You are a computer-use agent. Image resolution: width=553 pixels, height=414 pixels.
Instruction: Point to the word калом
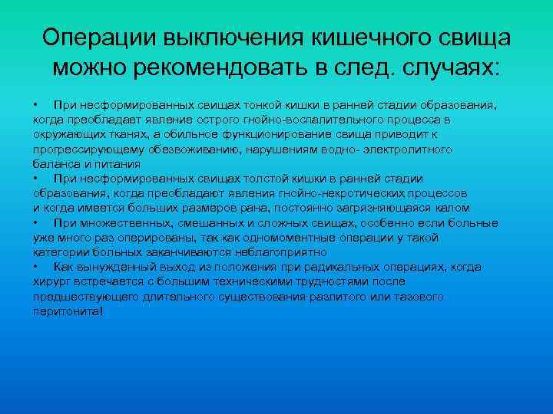click(454, 208)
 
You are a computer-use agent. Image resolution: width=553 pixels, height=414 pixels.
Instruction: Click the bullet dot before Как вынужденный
click(36, 267)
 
